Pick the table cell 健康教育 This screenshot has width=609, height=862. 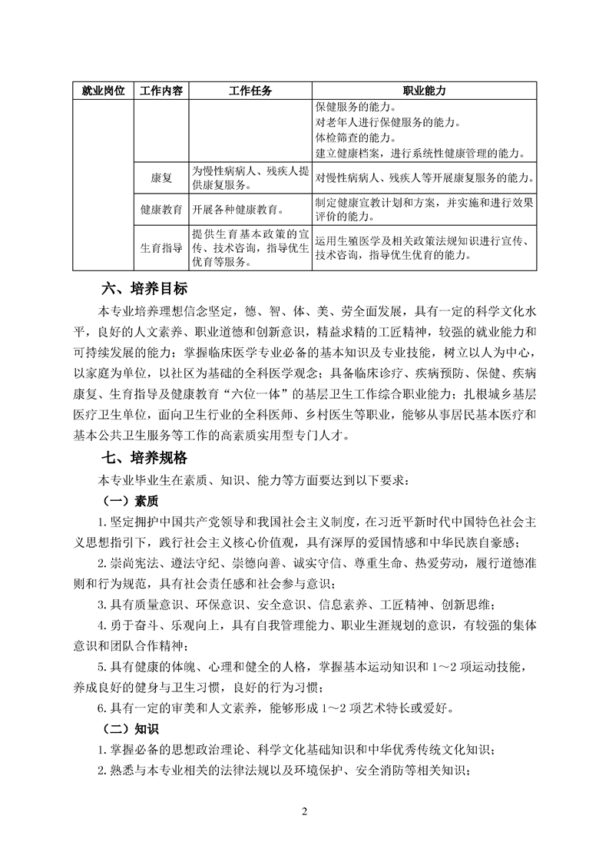[161, 209]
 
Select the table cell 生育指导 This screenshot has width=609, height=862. [161, 248]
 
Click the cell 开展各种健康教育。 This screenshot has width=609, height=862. [237, 209]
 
